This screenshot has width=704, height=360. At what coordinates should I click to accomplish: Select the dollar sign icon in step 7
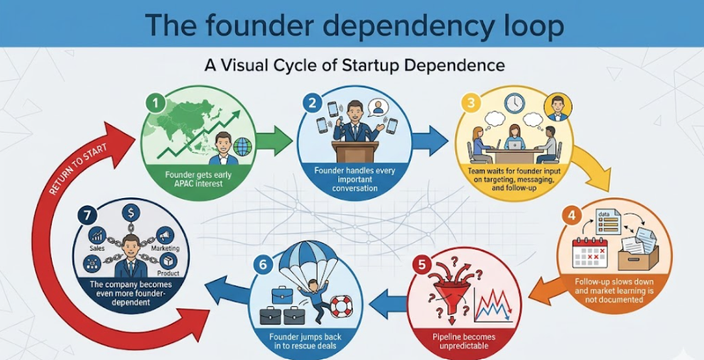point(128,212)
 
